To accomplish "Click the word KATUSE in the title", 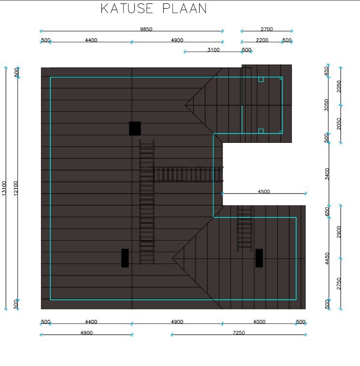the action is (127, 9).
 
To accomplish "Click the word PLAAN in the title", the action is (184, 9).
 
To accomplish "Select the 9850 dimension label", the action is (146, 29).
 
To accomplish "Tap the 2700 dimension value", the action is (267, 29).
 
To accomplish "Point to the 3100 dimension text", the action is (213, 50).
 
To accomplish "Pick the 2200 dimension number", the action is (262, 40).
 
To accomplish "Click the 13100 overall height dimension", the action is (4, 188).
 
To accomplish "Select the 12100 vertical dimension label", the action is (15, 188).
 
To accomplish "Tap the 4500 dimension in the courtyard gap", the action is (264, 191).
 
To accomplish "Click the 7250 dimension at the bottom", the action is (239, 333).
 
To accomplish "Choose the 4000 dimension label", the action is (259, 321).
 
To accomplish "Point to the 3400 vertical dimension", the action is (327, 174).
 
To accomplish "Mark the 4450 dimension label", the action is (327, 259).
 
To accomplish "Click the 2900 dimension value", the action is (339, 232).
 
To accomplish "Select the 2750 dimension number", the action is (339, 284).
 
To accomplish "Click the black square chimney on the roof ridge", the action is (135, 128).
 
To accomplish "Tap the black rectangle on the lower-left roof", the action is (125, 258).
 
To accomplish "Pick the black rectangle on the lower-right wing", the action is (259, 258).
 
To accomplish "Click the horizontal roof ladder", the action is (186, 174).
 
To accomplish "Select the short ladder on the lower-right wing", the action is (244, 229).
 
